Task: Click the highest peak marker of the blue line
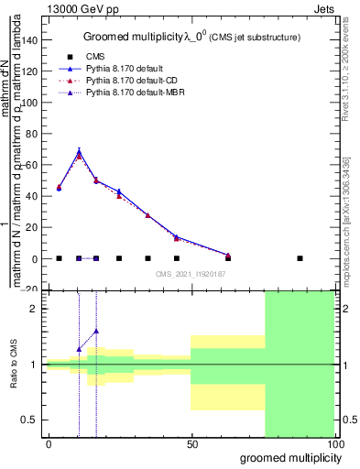[79, 151]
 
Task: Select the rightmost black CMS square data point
[300, 258]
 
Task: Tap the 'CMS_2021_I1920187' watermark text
[190, 274]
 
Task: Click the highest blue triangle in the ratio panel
[96, 331]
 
